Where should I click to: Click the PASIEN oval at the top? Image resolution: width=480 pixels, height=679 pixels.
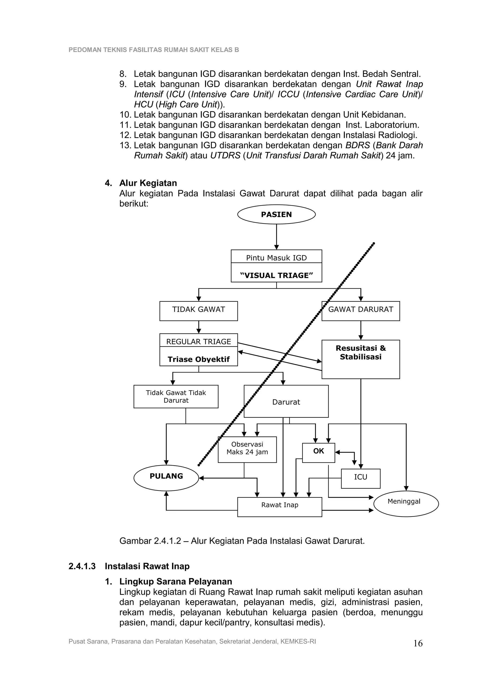click(x=276, y=214)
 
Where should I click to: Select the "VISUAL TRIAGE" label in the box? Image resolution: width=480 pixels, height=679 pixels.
click(x=276, y=275)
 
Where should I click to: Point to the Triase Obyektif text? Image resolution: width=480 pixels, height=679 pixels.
click(x=199, y=359)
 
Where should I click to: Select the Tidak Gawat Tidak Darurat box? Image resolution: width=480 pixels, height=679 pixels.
click(x=176, y=397)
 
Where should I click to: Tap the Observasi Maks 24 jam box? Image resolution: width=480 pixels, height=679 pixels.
click(x=247, y=449)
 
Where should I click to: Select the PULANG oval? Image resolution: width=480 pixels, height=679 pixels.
click(x=166, y=476)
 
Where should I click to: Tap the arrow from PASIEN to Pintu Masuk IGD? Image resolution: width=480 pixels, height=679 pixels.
click(x=277, y=236)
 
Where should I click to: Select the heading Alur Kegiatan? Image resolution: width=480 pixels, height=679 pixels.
click(x=148, y=183)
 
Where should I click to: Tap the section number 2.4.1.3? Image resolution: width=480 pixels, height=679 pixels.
click(x=82, y=566)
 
